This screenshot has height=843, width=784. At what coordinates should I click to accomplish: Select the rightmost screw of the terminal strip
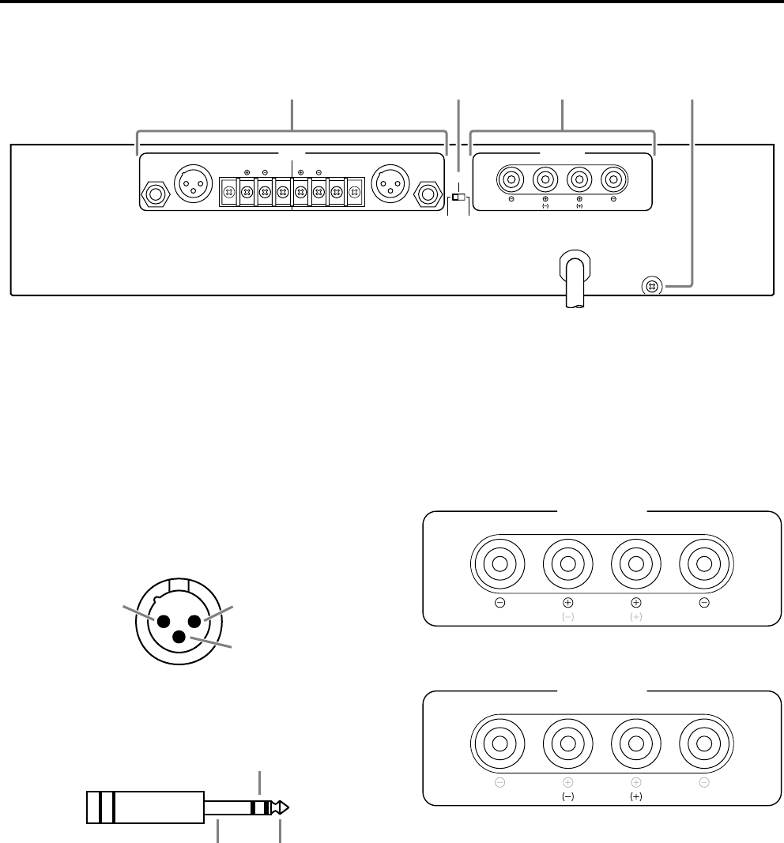pyautogui.click(x=354, y=191)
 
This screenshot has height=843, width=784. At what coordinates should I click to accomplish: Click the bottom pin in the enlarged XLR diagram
pyautogui.click(x=180, y=637)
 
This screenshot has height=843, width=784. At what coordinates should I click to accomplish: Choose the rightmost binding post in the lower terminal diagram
pyautogui.click(x=703, y=744)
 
